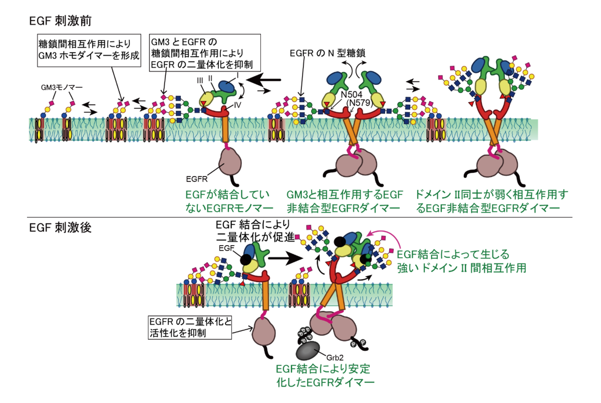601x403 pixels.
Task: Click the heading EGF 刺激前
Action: click(61, 21)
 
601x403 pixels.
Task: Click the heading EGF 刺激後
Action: click(61, 228)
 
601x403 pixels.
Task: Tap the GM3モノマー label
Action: click(62, 87)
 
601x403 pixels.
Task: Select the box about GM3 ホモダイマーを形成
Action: click(89, 50)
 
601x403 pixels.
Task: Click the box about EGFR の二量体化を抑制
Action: click(205, 53)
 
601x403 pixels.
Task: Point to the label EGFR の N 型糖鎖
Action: click(328, 53)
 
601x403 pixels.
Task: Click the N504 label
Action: click(352, 95)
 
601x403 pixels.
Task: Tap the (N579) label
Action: click(359, 103)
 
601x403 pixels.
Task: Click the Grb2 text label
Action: click(335, 357)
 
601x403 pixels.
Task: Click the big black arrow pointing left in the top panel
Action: click(263, 80)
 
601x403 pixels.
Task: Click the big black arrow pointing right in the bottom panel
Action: click(286, 258)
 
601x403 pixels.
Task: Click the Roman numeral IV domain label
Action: click(237, 105)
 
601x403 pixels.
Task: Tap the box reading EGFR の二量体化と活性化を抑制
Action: click(190, 327)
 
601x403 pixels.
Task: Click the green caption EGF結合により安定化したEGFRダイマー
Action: click(325, 375)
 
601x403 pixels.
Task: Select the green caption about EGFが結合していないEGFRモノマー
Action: click(229, 201)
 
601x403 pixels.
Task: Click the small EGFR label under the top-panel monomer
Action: click(197, 179)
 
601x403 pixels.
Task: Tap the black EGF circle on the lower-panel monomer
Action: click(245, 259)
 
